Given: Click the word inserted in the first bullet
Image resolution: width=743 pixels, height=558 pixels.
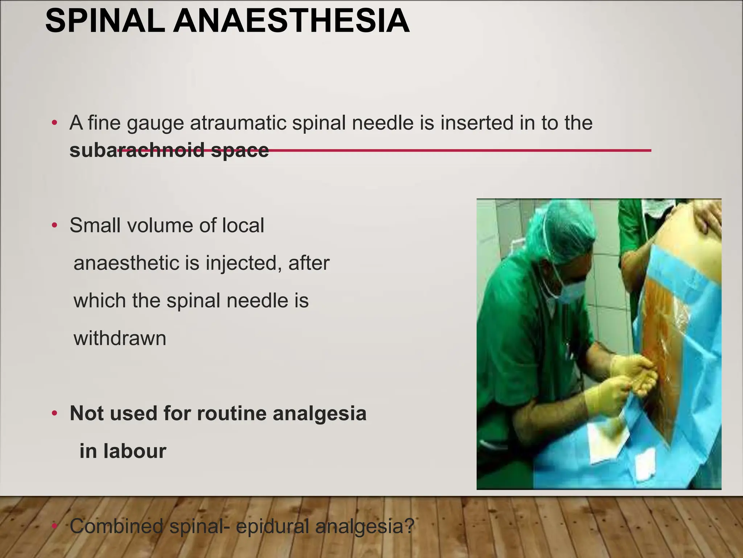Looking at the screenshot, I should (x=477, y=123).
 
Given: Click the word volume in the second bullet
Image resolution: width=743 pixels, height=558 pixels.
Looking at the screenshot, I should (x=159, y=225).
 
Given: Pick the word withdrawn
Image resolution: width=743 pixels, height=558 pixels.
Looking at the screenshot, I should (x=120, y=338).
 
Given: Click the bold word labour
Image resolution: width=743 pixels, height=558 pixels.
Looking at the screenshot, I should (x=135, y=451).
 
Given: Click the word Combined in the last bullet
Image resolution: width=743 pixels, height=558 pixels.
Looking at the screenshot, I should (x=116, y=526).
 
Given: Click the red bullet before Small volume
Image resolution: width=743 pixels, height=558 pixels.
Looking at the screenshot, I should (x=54, y=226).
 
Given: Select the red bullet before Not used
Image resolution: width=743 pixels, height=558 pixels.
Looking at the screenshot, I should (x=54, y=413).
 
